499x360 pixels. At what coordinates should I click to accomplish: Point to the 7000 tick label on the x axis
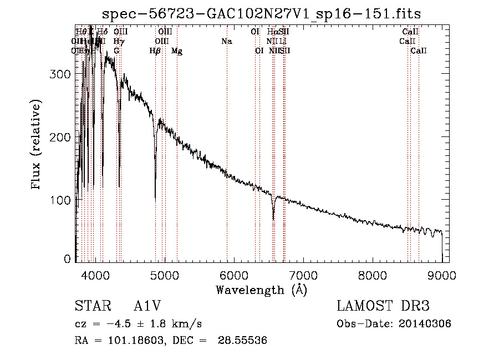pyautogui.click(x=303, y=274)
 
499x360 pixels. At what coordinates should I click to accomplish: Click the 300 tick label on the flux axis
pyautogui.click(x=63, y=74)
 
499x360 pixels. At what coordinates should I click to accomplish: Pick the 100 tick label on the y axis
pyautogui.click(x=63, y=199)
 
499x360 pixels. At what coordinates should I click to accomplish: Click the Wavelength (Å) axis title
pyautogui.click(x=261, y=290)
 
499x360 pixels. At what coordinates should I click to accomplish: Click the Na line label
pyautogui.click(x=226, y=42)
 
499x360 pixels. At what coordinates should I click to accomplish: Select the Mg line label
pyautogui.click(x=177, y=51)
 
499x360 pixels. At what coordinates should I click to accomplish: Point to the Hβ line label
pyautogui.click(x=155, y=51)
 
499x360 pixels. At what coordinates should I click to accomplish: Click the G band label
pyautogui.click(x=116, y=51)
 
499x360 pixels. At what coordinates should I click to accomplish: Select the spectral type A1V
pyautogui.click(x=147, y=306)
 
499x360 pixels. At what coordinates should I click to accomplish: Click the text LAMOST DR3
pyautogui.click(x=383, y=306)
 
